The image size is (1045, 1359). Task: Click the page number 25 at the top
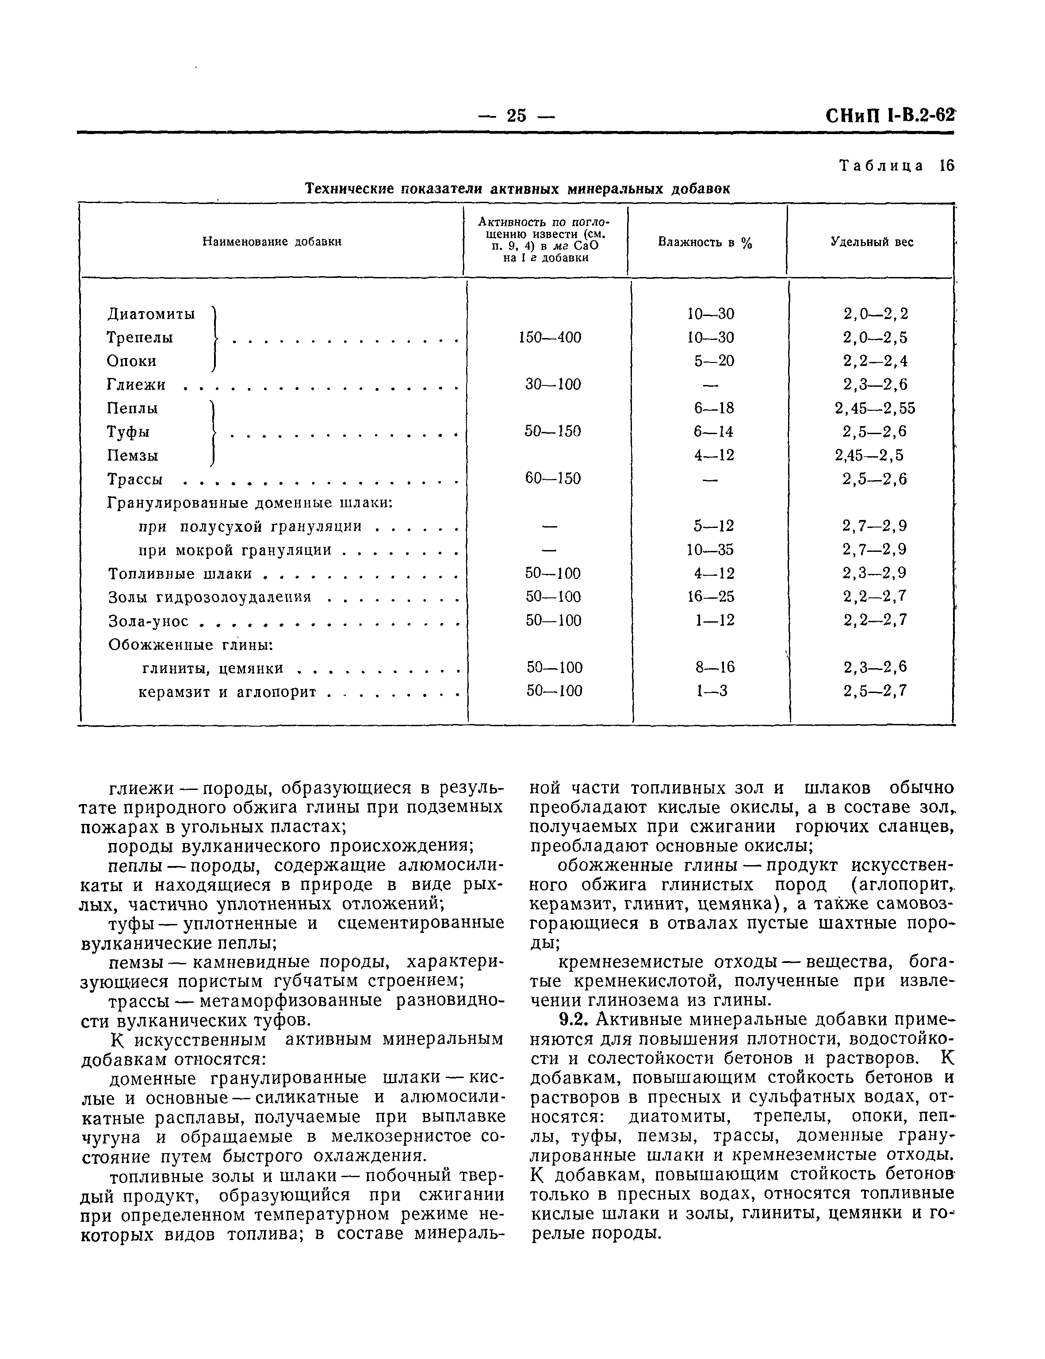pos(516,116)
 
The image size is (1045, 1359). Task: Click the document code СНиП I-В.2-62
pos(889,116)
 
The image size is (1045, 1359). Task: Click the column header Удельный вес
pos(872,242)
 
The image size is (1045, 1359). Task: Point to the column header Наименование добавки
pos(272,242)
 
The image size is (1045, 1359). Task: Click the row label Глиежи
pos(137,385)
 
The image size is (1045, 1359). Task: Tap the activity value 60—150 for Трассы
pos(552,478)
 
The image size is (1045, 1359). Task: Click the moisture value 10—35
pos(710,550)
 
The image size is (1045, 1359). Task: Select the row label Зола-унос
pos(148,621)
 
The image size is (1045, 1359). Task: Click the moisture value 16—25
pos(710,597)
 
